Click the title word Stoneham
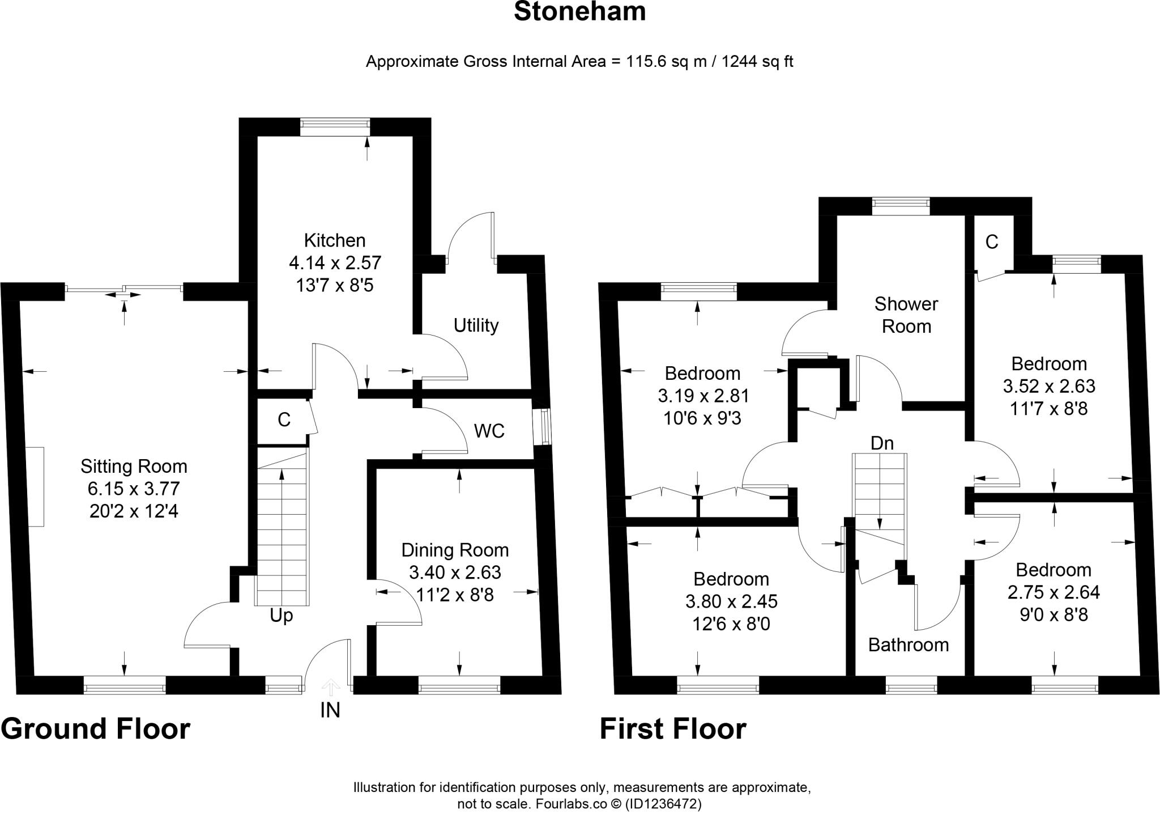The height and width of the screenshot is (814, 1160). point(579,12)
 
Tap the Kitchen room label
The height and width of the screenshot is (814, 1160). point(335,240)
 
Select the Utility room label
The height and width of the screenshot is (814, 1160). point(476,325)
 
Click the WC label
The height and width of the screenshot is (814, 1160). point(489,431)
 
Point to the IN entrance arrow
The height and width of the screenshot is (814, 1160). point(330,689)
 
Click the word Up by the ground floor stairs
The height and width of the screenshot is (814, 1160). point(281,616)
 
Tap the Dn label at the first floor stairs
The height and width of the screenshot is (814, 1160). point(882,443)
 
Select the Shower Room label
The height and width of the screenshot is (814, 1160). point(906,315)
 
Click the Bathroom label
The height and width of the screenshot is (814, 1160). point(908,645)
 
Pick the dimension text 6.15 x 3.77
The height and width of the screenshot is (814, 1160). point(134,489)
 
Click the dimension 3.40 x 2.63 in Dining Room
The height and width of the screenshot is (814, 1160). point(455,573)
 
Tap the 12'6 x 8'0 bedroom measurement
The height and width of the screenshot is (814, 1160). point(731,624)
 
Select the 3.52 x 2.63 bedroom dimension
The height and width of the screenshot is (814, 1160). point(1048,386)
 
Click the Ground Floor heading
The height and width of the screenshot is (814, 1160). point(95,729)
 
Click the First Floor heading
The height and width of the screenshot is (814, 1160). point(672,729)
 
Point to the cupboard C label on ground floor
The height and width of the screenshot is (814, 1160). point(284,420)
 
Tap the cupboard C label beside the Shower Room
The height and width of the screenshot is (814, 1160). point(991,243)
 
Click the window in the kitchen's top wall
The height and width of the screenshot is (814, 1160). point(335,127)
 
